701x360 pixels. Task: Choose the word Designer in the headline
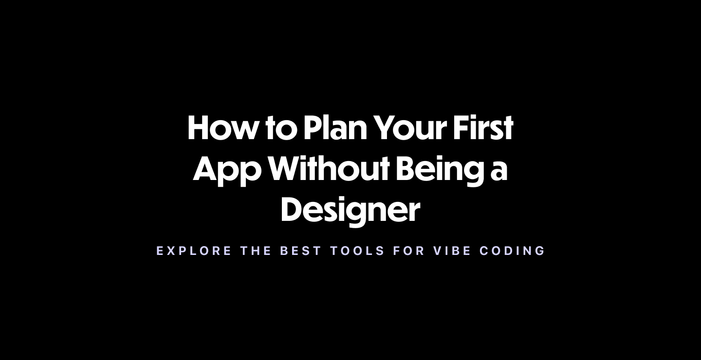(350, 210)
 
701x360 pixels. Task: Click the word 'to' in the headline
(281, 129)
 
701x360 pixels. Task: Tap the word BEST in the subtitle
(301, 251)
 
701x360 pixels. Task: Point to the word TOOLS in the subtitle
(358, 251)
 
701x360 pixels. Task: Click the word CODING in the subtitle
(513, 251)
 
